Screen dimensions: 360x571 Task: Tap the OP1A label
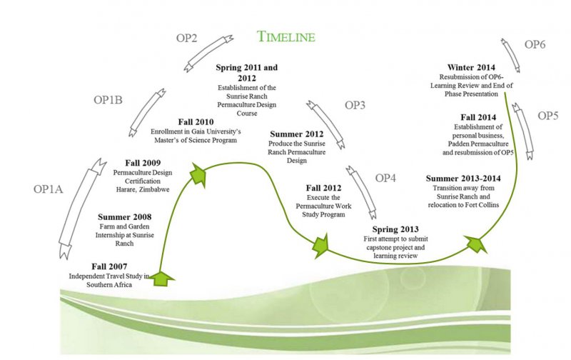tap(49, 189)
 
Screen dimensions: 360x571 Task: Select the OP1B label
tap(108, 100)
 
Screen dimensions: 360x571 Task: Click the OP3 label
tap(355, 105)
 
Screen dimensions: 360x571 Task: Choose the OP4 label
tap(385, 177)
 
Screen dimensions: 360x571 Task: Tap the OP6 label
tap(535, 44)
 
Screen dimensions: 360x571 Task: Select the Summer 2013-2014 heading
tap(465, 178)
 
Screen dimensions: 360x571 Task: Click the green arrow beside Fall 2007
tap(164, 277)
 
